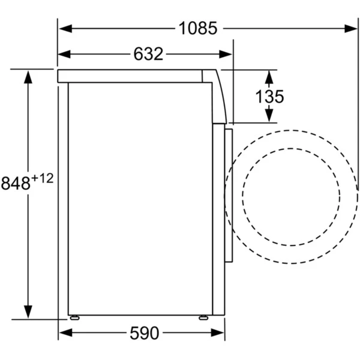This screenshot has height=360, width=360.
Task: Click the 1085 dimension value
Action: (x=197, y=28)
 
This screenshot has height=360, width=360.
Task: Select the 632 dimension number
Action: (x=148, y=54)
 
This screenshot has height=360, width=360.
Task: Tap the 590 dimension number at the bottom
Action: (x=145, y=333)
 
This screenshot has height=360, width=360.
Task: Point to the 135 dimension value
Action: (x=269, y=97)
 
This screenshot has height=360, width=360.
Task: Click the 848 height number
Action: (x=16, y=183)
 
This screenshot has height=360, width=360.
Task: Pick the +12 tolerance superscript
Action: (x=43, y=178)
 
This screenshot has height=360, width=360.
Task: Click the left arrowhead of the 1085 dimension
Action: (x=65, y=28)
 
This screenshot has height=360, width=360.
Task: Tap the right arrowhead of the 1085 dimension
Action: (x=351, y=29)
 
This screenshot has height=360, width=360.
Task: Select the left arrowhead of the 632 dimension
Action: (x=64, y=54)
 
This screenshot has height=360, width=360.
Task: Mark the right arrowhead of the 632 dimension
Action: (x=226, y=55)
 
